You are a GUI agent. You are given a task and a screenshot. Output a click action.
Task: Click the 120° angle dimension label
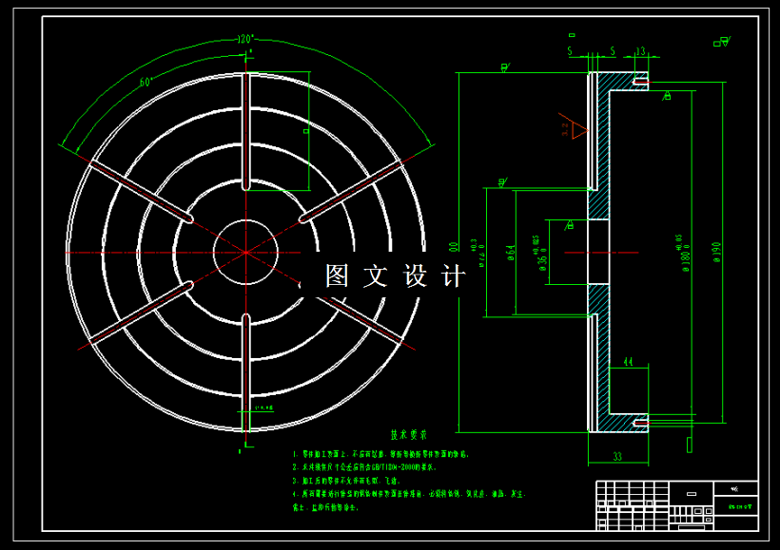[x=246, y=40]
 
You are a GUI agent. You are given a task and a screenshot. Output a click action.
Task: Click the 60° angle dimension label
[x=146, y=82]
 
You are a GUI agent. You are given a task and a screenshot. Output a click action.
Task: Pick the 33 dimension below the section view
[x=616, y=457]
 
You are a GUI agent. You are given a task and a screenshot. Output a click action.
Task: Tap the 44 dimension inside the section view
[x=628, y=362]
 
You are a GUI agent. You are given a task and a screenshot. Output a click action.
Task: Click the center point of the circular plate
[x=245, y=253]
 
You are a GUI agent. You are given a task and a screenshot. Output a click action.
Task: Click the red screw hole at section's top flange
[x=642, y=83]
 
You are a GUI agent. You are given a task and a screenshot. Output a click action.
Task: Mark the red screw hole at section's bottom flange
[x=642, y=421]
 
